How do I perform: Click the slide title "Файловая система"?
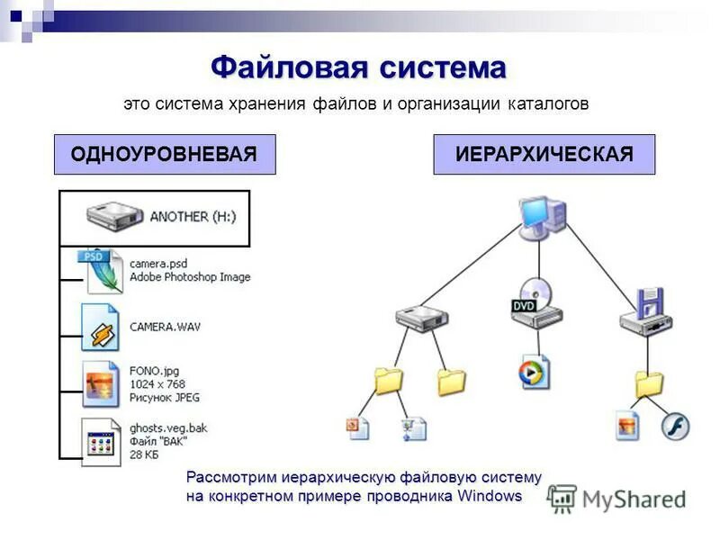358,67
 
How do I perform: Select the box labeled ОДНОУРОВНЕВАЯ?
164,154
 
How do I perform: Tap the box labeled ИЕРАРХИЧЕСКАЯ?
544,154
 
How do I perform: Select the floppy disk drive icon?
647,312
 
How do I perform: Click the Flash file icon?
675,426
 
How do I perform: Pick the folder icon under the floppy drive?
648,383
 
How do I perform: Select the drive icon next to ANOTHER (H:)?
113,216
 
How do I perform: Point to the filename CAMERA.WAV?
165,327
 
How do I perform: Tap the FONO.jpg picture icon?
100,383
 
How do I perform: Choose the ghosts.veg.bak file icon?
100,440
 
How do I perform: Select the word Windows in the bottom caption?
490,496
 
